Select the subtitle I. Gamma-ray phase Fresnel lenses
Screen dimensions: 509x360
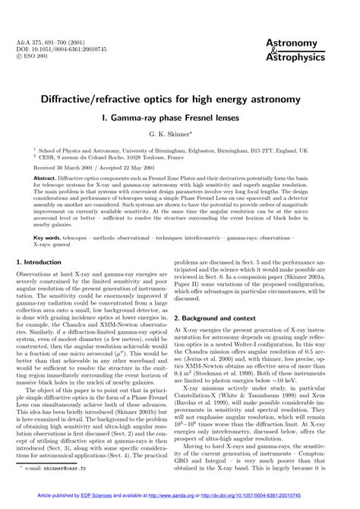click(x=180, y=119)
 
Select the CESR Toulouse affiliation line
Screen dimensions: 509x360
click(x=114, y=158)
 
